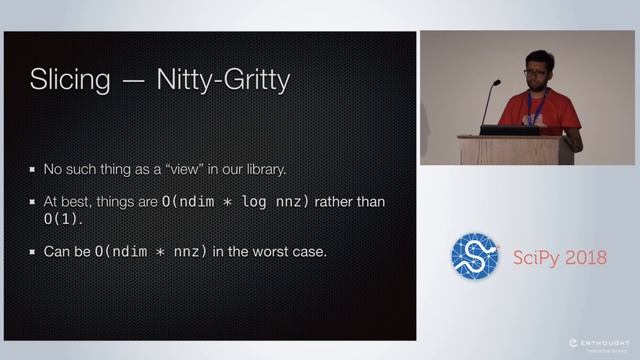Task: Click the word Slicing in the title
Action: (x=67, y=79)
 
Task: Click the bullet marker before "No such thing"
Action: (x=33, y=169)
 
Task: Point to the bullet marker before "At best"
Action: (x=33, y=202)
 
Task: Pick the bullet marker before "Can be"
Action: (x=33, y=251)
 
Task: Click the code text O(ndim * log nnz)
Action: (x=237, y=202)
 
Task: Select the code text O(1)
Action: (x=62, y=218)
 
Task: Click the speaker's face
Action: (x=536, y=76)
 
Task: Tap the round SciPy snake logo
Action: (x=474, y=257)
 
